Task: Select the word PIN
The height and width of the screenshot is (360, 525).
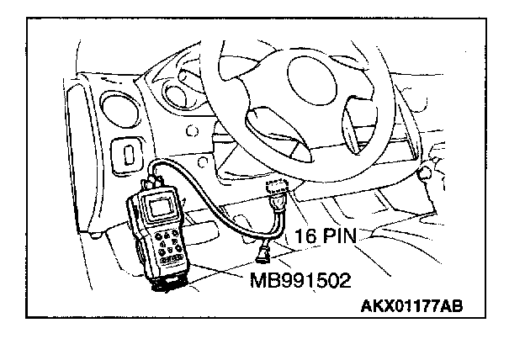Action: [x=337, y=238]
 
